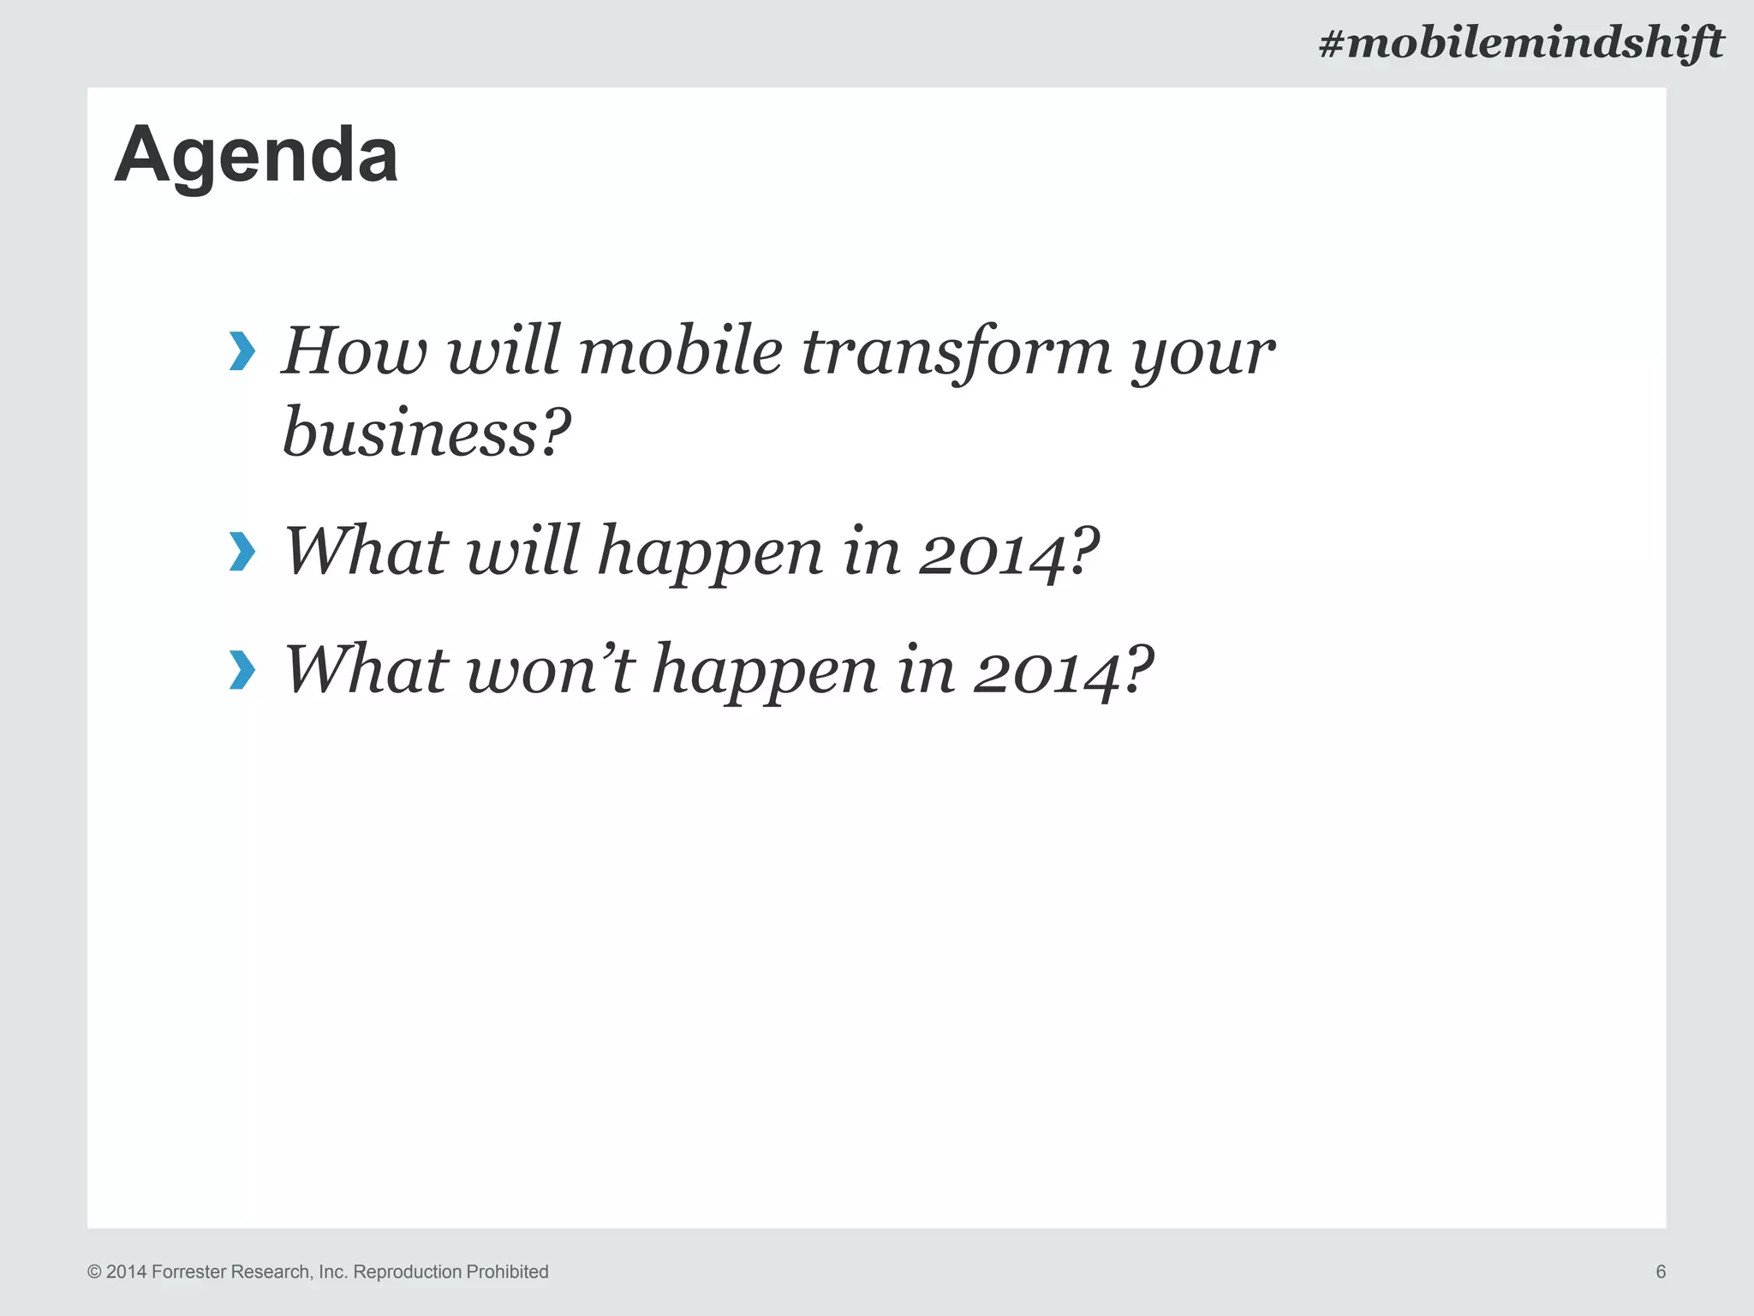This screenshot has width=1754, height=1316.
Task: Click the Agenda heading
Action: [256, 155]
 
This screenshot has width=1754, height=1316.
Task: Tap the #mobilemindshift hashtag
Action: [1520, 43]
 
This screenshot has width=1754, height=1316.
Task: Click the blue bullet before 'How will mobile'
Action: [242, 352]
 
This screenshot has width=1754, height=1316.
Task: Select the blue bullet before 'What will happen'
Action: [242, 551]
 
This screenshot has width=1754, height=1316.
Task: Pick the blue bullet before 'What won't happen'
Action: [242, 669]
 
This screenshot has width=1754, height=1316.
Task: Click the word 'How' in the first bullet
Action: [354, 351]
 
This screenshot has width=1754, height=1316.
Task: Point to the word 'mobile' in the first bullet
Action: [680, 351]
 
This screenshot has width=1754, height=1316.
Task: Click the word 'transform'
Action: [956, 351]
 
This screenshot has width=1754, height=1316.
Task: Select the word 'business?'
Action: [426, 433]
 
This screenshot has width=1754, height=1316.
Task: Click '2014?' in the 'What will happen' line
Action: [1008, 551]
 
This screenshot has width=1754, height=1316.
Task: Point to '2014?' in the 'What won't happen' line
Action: [1063, 669]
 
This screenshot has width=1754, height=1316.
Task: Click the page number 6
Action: [1661, 1271]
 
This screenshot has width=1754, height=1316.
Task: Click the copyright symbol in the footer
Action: [94, 1272]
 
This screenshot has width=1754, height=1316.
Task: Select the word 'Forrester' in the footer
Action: [188, 1271]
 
